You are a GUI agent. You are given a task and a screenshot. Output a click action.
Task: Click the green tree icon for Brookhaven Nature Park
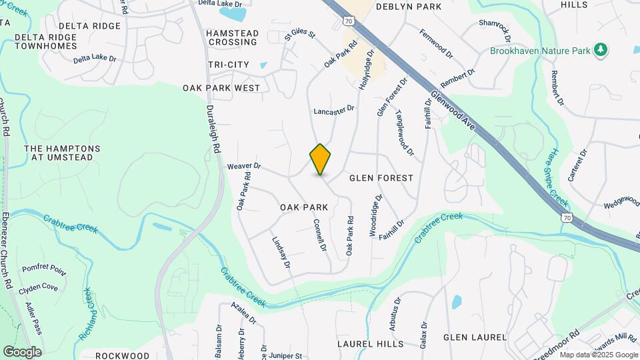click(601, 49)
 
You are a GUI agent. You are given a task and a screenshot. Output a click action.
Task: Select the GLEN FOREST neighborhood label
click(381, 178)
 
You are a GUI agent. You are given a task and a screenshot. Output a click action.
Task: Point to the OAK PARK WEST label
click(221, 87)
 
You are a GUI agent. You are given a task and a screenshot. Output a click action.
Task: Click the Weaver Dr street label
click(244, 166)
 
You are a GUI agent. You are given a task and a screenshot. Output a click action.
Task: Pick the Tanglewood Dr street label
click(407, 134)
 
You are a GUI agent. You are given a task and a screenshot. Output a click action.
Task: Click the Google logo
click(22, 351)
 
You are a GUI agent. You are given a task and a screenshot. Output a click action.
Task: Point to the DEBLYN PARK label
click(409, 7)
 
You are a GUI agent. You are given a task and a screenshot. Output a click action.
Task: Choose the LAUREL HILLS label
click(370, 344)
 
